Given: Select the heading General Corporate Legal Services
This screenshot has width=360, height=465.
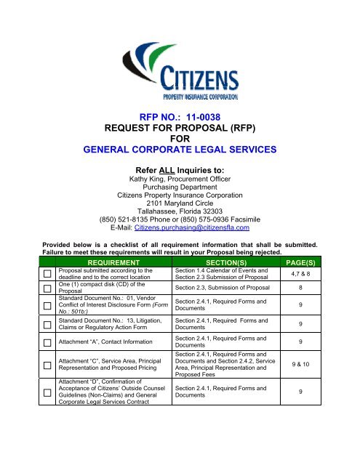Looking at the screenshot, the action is point(180,150).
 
